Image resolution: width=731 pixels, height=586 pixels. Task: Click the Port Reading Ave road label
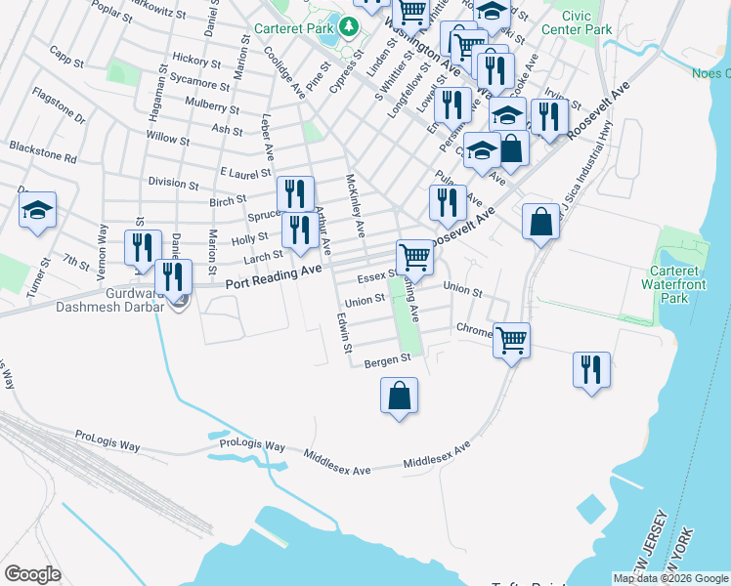pos(274,277)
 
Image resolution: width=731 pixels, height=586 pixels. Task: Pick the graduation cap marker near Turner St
pos(37,211)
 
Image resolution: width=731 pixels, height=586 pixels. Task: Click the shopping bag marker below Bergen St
pos(398,397)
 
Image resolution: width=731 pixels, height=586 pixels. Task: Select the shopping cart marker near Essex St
pos(416,258)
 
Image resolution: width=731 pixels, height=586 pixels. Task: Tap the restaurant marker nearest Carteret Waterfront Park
pos(590,370)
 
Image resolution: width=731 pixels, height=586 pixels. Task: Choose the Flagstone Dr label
pos(59,105)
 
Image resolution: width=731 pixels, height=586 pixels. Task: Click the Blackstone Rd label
pos(42,146)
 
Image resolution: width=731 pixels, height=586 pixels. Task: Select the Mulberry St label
pos(211,106)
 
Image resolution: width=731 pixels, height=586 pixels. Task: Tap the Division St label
pos(173,183)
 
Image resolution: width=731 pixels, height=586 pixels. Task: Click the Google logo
pos(32,574)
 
